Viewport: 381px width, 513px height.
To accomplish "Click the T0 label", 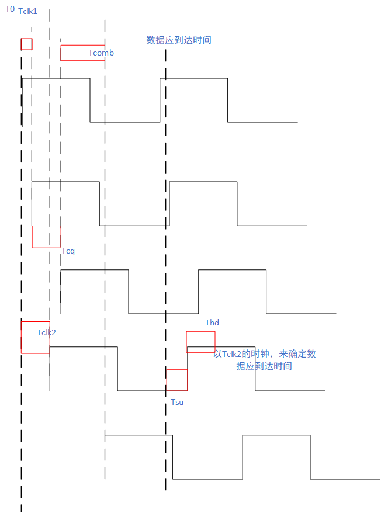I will [10, 9].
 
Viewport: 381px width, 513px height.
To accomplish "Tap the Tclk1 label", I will [27, 11].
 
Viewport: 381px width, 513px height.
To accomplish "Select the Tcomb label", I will [101, 53].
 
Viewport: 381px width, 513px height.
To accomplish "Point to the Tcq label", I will [68, 251].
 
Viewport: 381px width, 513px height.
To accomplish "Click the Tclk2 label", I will [46, 332].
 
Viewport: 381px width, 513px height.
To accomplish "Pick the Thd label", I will [212, 323].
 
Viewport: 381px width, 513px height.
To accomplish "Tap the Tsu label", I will [177, 402].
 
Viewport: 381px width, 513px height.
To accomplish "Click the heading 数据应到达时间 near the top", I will [178, 40].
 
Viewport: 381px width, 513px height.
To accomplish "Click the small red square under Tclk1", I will [26, 44].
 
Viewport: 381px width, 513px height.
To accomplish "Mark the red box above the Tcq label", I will [46, 237].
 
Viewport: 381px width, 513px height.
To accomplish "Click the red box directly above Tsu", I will [176, 380].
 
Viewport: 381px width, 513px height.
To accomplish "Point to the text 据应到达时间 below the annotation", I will [264, 366].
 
